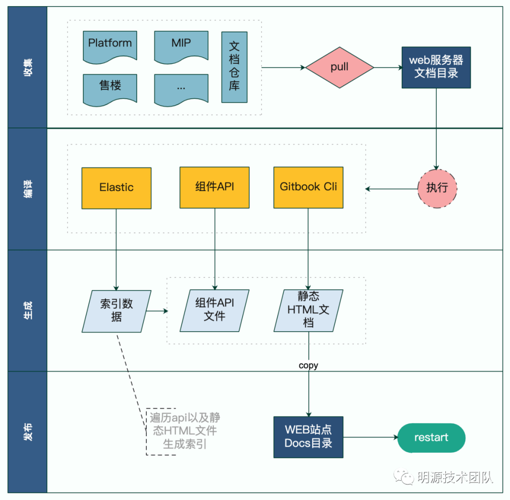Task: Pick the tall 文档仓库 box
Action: tap(234, 67)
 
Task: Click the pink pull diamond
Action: tap(340, 67)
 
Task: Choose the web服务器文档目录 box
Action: tap(436, 67)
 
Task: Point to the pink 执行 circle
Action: tap(437, 188)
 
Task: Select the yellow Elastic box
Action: tap(116, 188)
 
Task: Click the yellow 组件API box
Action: tap(214, 188)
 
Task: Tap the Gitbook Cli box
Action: tap(308, 188)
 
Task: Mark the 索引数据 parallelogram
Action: tap(116, 311)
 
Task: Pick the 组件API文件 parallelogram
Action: tap(214, 310)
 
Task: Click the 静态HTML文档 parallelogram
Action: tap(308, 310)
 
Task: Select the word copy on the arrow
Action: tap(308, 365)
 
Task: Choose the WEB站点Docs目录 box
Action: tap(308, 437)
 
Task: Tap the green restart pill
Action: tap(431, 438)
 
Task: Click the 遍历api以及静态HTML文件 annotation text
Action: tap(185, 431)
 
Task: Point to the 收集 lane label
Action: tap(28, 67)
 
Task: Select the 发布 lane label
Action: tap(28, 431)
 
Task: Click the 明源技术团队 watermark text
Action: tap(455, 477)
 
